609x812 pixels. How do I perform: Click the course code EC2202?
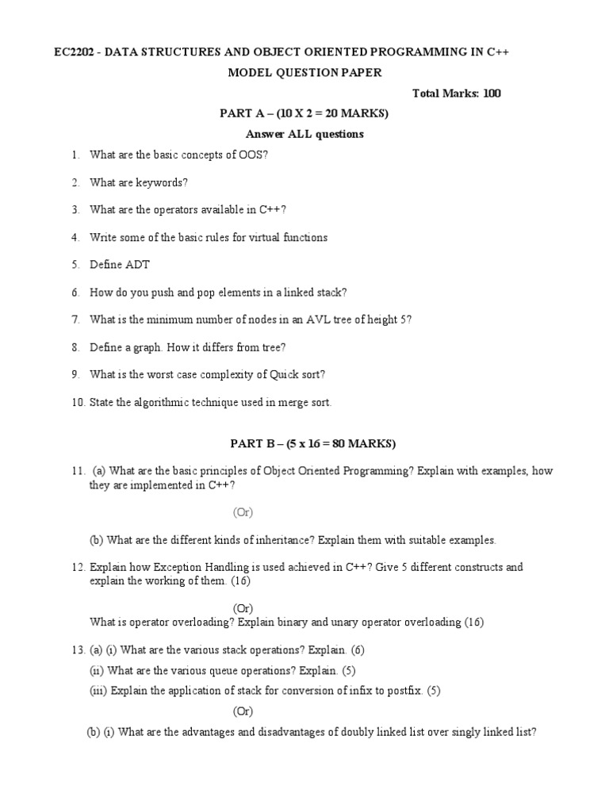[x=73, y=52]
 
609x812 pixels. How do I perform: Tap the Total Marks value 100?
[x=491, y=94]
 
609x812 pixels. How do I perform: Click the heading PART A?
[x=242, y=113]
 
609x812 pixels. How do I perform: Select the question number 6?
[x=75, y=293]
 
